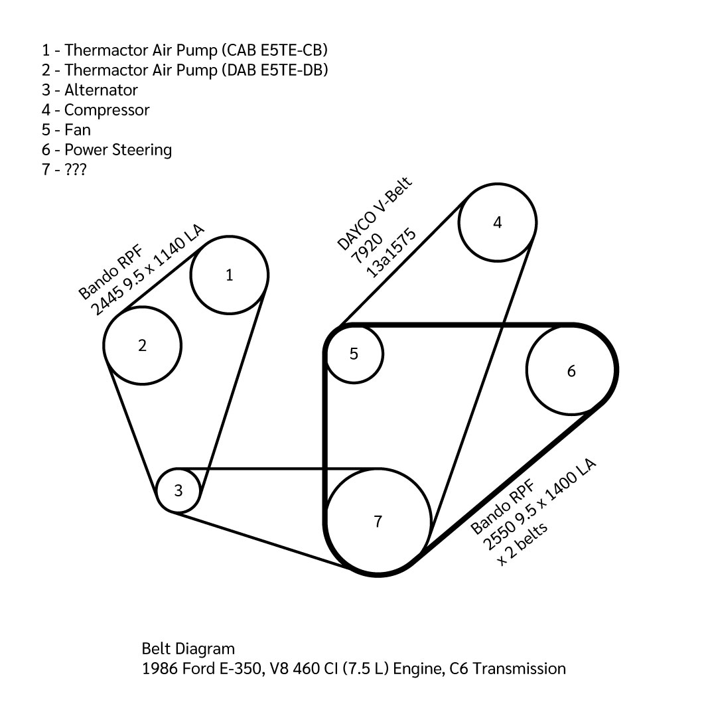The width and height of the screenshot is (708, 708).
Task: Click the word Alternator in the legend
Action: point(101,90)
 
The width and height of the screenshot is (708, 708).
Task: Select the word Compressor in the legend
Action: point(107,110)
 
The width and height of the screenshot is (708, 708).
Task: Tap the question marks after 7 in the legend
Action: point(75,169)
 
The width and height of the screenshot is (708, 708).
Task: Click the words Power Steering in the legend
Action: point(118,150)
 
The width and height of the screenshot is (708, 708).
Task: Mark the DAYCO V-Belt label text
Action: point(375,213)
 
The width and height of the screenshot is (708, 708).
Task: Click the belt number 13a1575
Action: point(391,253)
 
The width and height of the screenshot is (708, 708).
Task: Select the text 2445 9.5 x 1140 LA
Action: point(148,270)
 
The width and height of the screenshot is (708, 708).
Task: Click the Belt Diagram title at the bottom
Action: point(188,649)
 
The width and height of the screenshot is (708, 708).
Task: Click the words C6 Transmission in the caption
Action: point(508,669)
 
